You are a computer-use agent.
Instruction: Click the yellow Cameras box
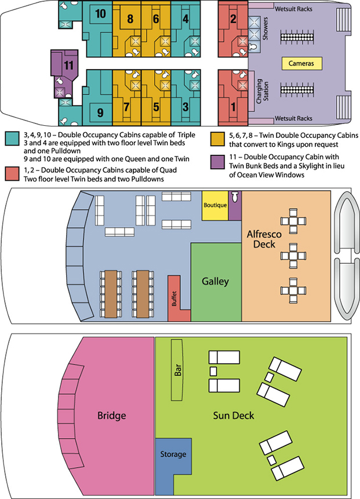pyautogui.click(x=302, y=63)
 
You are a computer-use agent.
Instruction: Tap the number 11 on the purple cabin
pyautogui.click(x=68, y=65)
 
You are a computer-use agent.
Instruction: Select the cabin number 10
pyautogui.click(x=100, y=14)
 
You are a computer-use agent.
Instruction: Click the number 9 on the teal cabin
pyautogui.click(x=100, y=112)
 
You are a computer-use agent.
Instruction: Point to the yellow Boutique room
pyautogui.click(x=215, y=205)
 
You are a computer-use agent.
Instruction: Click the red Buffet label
pyautogui.click(x=174, y=298)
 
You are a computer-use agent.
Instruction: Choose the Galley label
pyautogui.click(x=215, y=281)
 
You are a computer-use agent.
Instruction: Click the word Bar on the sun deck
pyautogui.click(x=177, y=370)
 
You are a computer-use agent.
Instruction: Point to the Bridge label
pyautogui.click(x=111, y=416)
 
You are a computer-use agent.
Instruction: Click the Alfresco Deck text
pyautogui.click(x=264, y=239)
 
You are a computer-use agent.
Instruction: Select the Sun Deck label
pyautogui.click(x=234, y=416)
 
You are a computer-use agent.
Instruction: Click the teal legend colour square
pyautogui.click(x=12, y=139)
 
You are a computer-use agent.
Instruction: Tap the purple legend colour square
pyautogui.click(x=217, y=162)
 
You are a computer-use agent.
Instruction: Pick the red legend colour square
pyautogui.click(x=12, y=174)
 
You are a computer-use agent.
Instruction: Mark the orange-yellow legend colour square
pyautogui.click(x=217, y=139)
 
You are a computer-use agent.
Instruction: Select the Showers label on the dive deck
pyautogui.click(x=265, y=28)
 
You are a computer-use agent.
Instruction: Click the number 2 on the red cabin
pyautogui.click(x=233, y=19)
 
